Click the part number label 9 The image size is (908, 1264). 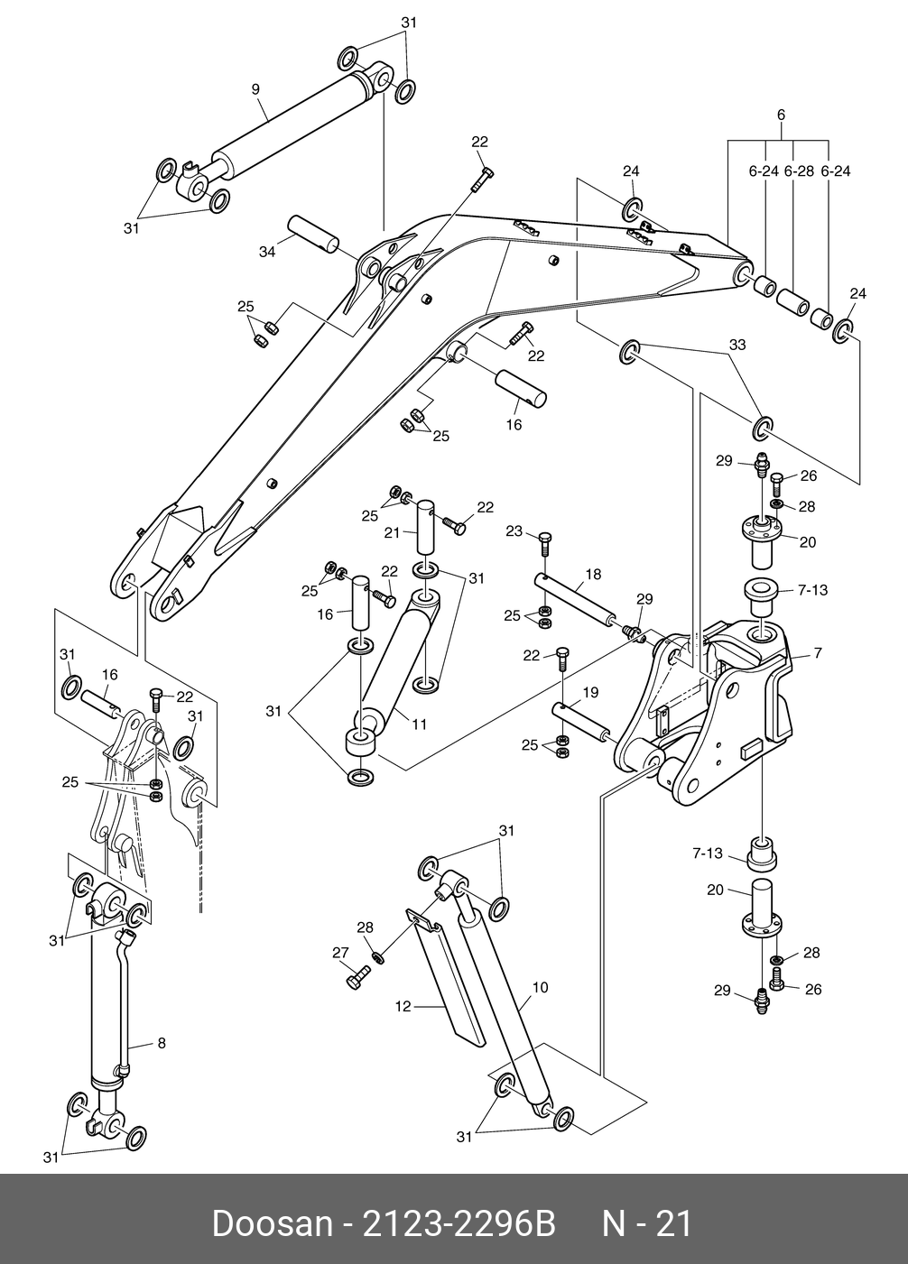click(x=255, y=89)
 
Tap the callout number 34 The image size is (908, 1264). click(x=267, y=252)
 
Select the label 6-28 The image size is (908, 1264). click(x=799, y=171)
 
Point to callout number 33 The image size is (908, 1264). click(x=737, y=345)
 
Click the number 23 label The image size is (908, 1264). click(x=514, y=531)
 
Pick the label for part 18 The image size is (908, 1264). click(x=594, y=574)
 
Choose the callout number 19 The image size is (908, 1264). click(x=590, y=692)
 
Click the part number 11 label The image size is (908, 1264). click(x=419, y=724)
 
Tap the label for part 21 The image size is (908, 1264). click(x=392, y=532)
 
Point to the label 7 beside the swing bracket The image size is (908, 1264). click(x=818, y=653)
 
